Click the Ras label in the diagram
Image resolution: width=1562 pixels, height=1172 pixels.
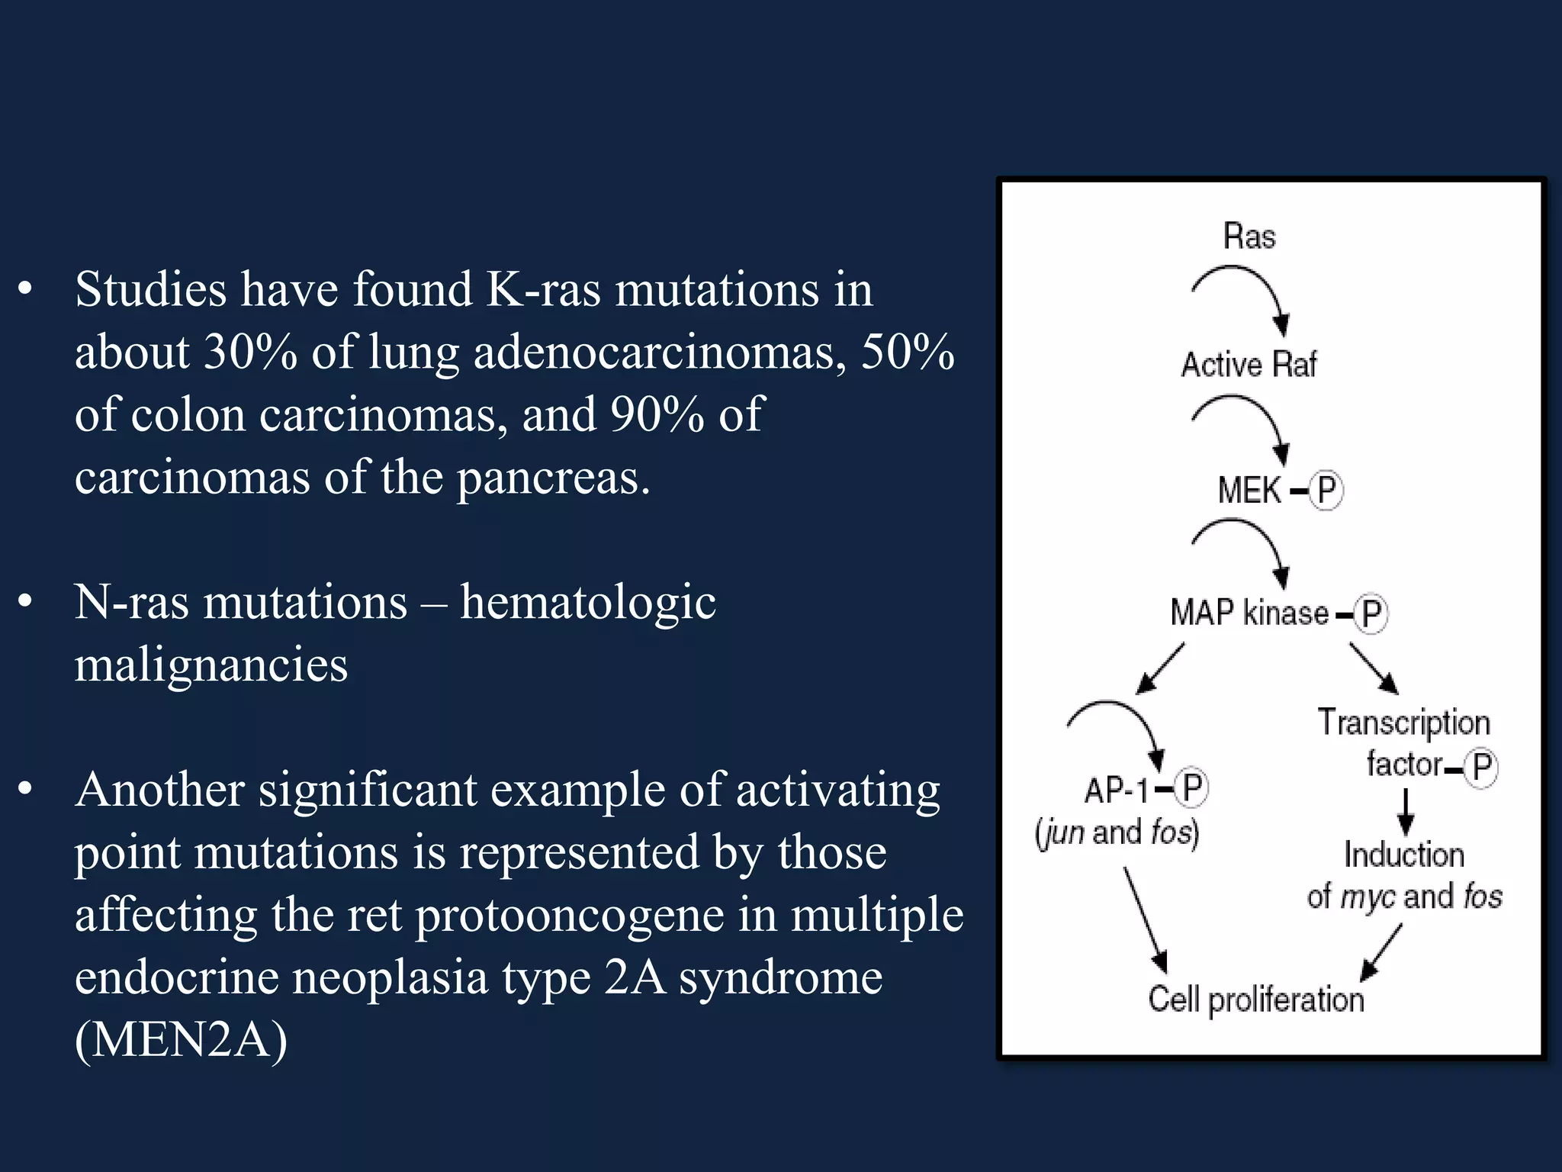click(x=1249, y=236)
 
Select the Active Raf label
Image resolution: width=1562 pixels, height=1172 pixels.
click(x=1249, y=364)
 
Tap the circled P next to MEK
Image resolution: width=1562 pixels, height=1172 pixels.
click(x=1326, y=490)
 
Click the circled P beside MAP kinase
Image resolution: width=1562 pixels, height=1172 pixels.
click(x=1371, y=613)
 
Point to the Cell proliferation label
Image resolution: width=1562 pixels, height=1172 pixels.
click(x=1256, y=999)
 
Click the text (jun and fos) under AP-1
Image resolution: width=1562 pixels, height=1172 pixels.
click(x=1117, y=832)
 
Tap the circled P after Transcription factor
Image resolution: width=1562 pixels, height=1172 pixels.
click(x=1481, y=767)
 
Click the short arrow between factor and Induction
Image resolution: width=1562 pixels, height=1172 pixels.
click(x=1406, y=812)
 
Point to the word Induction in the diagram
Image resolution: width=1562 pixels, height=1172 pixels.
click(x=1404, y=855)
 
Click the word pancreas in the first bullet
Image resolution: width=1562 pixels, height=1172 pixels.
click(x=553, y=478)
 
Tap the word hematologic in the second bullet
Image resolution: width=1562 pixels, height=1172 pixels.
click(x=587, y=602)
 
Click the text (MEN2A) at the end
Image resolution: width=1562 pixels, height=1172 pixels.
click(x=181, y=1039)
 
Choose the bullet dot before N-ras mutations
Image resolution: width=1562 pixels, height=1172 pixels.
click(x=26, y=602)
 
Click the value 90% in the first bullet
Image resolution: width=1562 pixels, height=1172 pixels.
click(x=657, y=415)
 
